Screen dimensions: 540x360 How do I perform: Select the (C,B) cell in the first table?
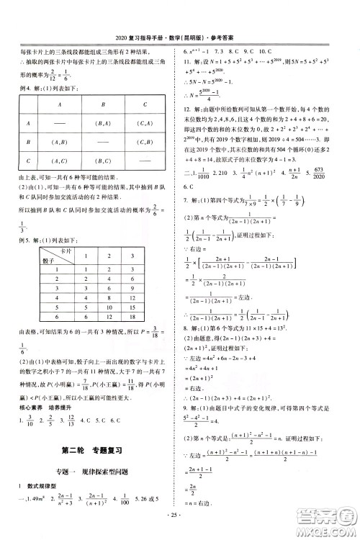[147, 142]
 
